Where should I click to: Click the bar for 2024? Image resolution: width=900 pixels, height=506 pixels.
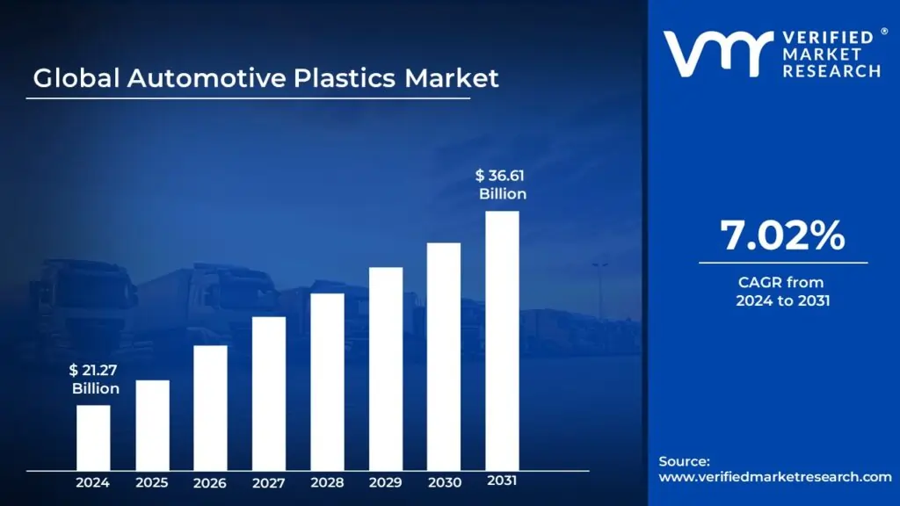pos(93,437)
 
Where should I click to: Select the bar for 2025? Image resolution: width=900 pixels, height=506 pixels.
pos(152,424)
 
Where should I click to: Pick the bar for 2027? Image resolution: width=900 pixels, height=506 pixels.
pos(269,393)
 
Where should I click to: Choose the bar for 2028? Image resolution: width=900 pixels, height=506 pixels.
pos(327,381)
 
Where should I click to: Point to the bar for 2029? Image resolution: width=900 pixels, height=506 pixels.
pos(386,368)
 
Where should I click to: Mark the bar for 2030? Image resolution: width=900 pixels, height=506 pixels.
pos(444,356)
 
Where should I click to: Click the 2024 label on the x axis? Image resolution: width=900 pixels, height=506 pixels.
pos(93,482)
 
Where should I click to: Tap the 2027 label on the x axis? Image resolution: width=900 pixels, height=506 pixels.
pos(269,482)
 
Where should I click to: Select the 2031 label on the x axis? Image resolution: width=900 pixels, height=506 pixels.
pos(503,481)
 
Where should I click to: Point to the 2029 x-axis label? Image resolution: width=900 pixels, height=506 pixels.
pos(386,482)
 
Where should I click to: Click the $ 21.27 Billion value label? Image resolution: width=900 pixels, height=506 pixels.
pos(96,379)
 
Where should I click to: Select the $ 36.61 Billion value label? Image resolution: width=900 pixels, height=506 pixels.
pos(502,184)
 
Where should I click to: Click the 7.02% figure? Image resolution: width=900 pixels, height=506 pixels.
pos(783,235)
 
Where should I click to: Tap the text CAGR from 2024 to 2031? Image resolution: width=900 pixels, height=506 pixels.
pos(783,292)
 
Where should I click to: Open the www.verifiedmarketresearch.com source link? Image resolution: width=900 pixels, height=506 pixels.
pos(775,477)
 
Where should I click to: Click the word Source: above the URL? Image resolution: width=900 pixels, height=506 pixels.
pos(684,461)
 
